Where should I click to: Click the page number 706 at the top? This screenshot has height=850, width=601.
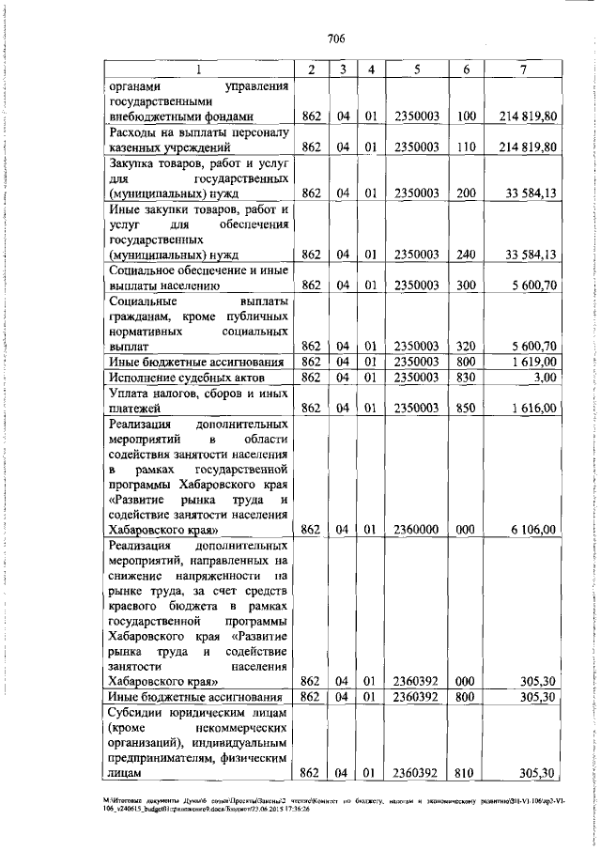click(337, 39)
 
